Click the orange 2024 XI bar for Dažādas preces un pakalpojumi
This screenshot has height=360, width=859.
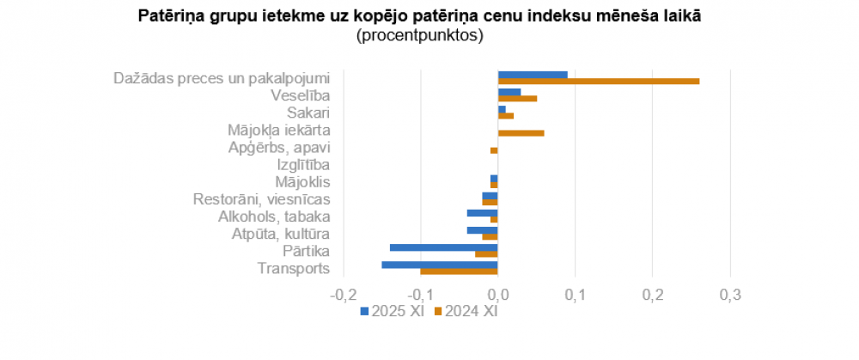point(599,82)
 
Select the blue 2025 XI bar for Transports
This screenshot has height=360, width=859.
point(440,265)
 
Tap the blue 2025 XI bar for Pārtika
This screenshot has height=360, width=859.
point(443,247)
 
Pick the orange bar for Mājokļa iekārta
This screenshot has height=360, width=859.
point(521,133)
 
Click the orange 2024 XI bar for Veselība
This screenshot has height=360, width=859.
point(517,99)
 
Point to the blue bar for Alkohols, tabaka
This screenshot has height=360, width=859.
point(482,213)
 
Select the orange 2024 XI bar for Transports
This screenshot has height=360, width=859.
point(459,272)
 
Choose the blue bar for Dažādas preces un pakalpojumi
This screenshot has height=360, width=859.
point(533,75)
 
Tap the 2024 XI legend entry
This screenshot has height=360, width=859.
point(466,311)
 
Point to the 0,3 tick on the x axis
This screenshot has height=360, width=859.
point(729,296)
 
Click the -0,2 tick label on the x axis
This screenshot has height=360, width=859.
point(341,296)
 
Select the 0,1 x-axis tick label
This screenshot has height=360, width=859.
point(575,296)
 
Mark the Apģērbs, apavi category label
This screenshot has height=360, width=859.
point(279,147)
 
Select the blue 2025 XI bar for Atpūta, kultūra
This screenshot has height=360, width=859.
point(482,230)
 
